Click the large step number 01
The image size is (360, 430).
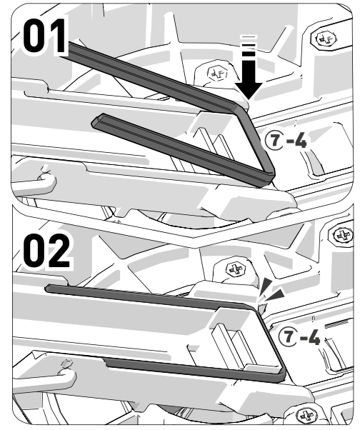pyautogui.click(x=45, y=36)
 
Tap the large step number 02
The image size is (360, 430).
pyautogui.click(x=47, y=251)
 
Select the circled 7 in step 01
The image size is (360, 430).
pyautogui.click(x=274, y=141)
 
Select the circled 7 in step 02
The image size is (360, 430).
pyautogui.click(x=288, y=336)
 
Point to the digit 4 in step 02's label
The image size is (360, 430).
pyautogui.click(x=313, y=337)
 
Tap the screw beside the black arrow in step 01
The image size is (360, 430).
pyautogui.click(x=217, y=73)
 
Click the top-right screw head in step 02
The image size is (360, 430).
pyautogui.click(x=342, y=235)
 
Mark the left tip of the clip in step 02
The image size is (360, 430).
pyautogui.click(x=47, y=288)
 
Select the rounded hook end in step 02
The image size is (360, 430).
pyautogui.click(x=66, y=376)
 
